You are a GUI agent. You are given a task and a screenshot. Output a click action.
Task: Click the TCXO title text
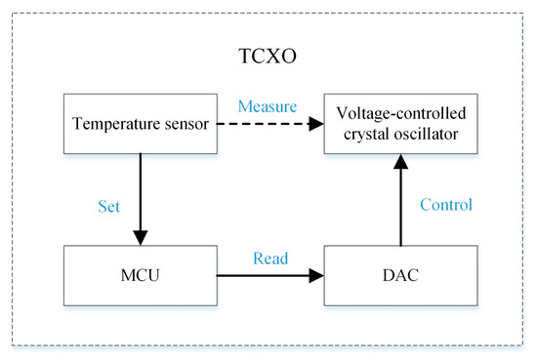[x=268, y=56]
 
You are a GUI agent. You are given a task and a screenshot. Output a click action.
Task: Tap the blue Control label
[x=445, y=205]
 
